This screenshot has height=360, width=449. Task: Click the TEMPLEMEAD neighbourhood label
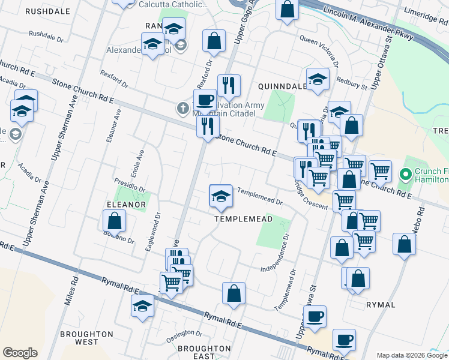[x=244, y=219]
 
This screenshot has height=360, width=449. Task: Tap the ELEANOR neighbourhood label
[x=126, y=205]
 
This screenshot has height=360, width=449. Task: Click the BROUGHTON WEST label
[x=87, y=338]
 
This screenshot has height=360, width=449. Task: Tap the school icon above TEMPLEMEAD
[x=221, y=196]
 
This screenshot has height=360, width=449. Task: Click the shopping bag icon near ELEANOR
[x=114, y=222]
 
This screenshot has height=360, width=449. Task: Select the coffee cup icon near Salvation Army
[x=205, y=100]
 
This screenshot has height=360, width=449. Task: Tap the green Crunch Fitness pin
[x=405, y=175]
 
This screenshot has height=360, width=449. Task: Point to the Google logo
[x=20, y=353]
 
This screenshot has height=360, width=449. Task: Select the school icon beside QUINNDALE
[x=318, y=80]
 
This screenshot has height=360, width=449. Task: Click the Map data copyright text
[x=412, y=355]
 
